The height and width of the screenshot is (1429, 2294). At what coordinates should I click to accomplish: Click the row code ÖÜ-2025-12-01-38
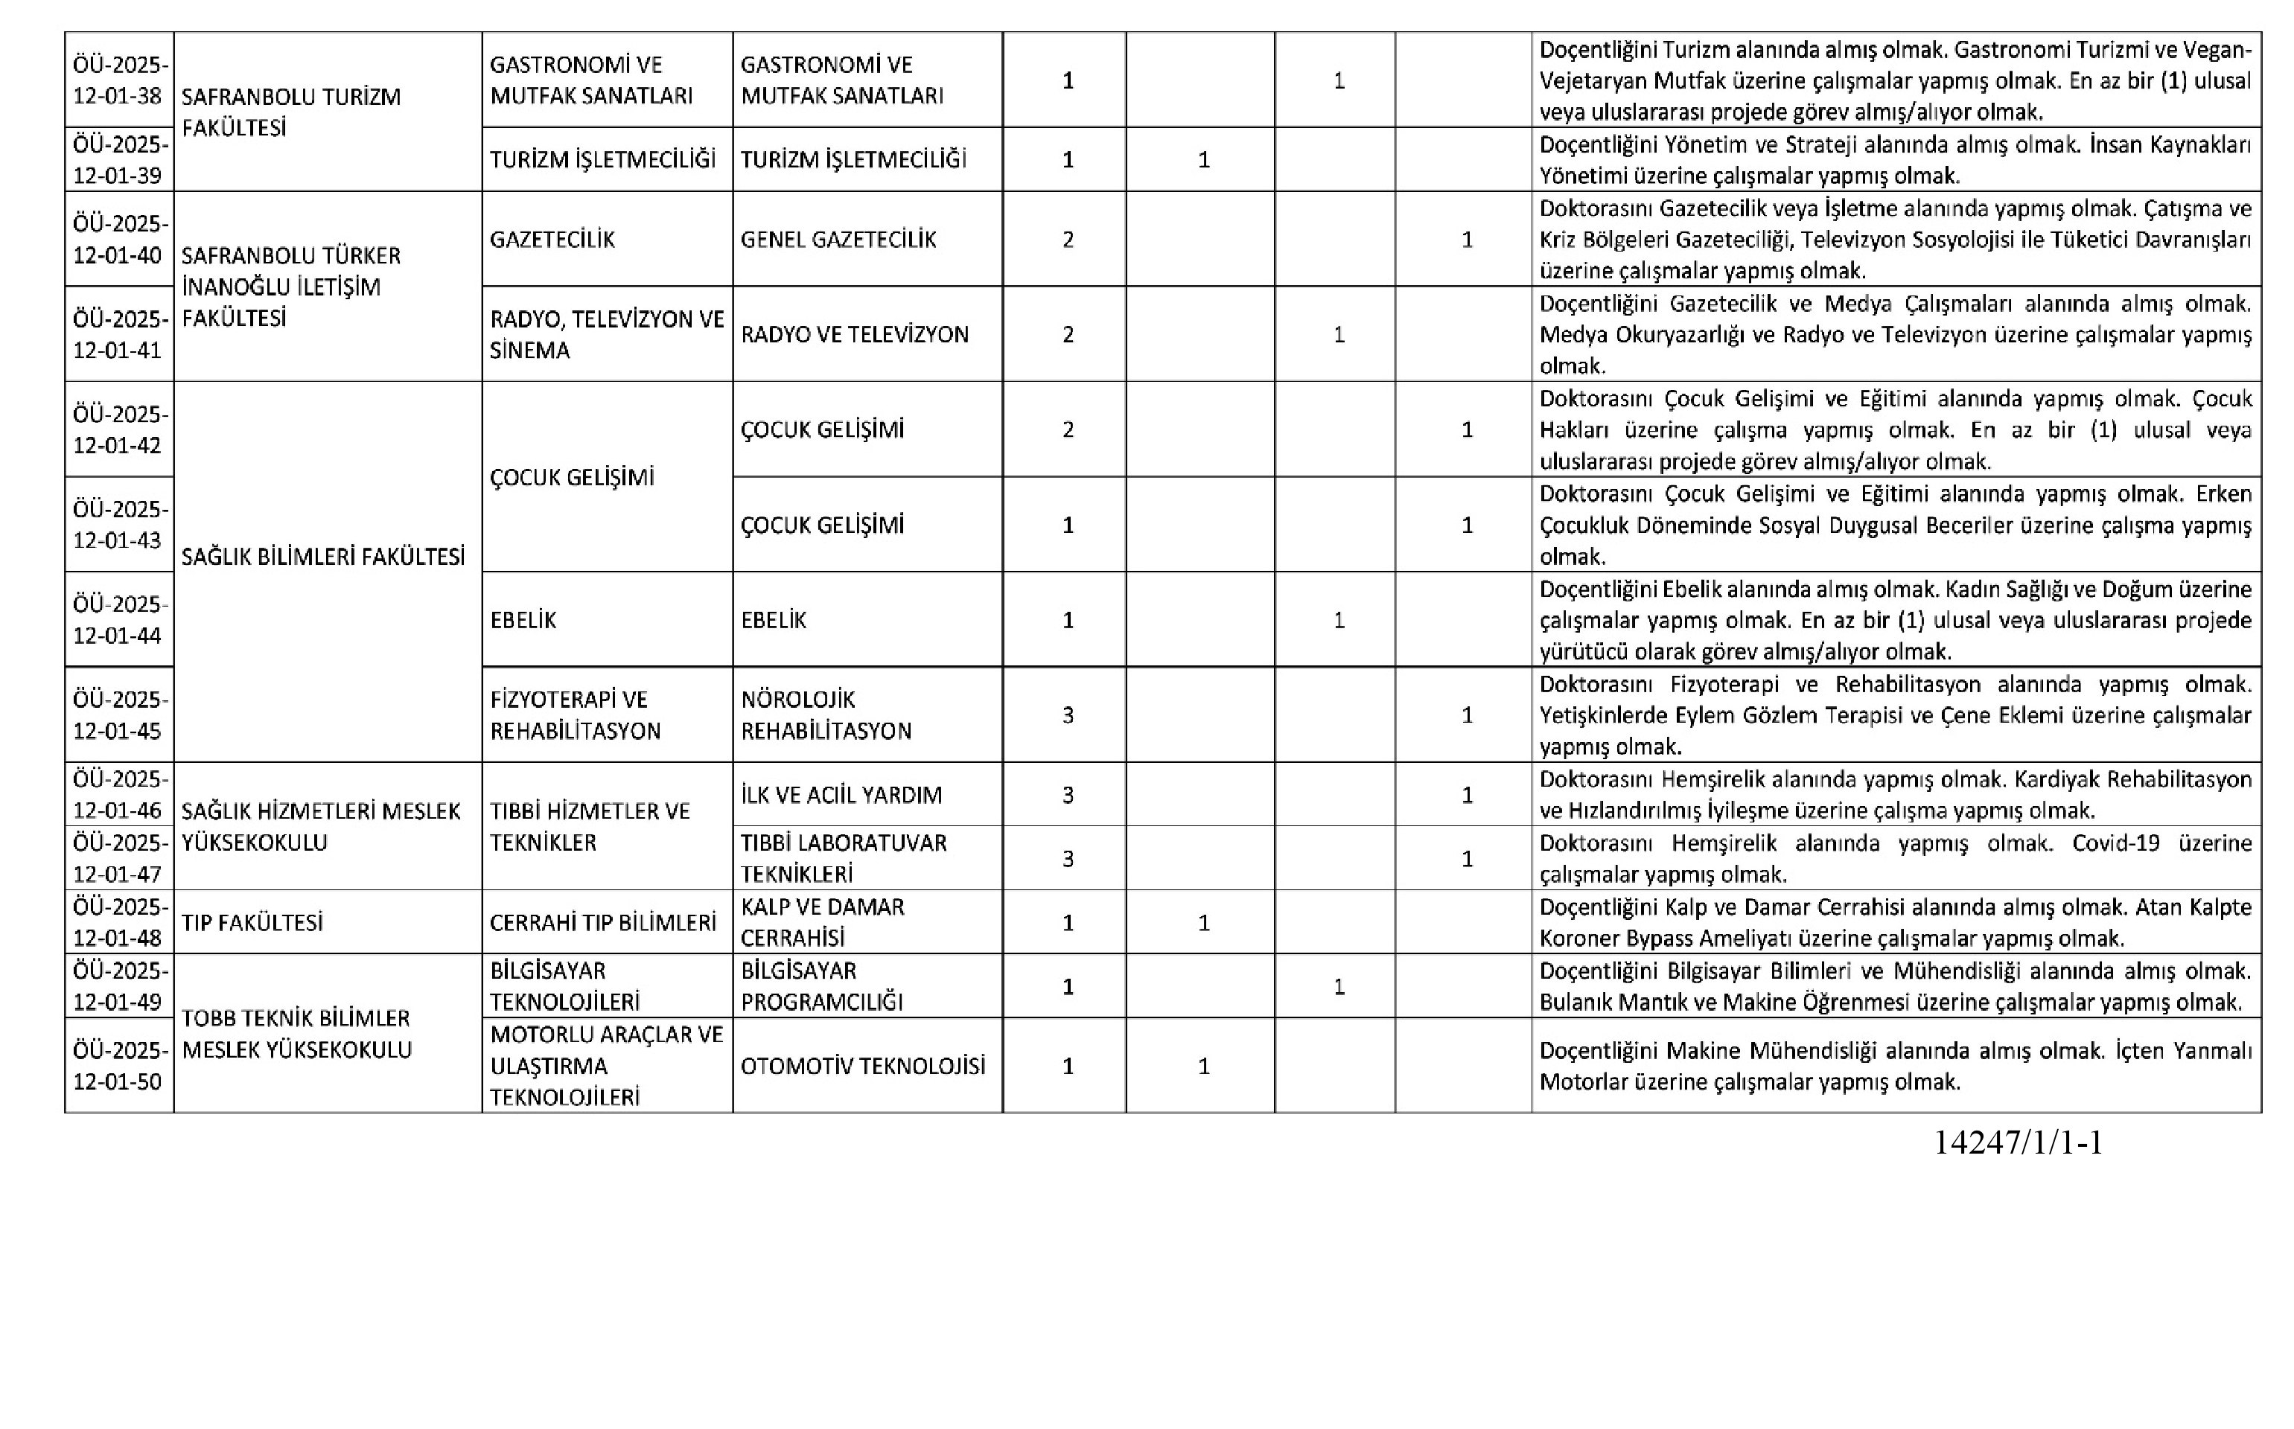[119, 80]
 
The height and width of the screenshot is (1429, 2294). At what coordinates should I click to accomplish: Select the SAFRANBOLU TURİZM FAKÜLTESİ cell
[291, 112]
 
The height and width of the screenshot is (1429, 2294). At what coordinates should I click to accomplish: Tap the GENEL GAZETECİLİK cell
[838, 239]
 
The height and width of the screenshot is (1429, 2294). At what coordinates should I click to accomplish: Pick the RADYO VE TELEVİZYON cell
[855, 335]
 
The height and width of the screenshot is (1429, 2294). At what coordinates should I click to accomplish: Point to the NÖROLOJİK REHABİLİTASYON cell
[825, 715]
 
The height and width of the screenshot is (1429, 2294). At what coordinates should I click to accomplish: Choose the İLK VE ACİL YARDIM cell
[841, 795]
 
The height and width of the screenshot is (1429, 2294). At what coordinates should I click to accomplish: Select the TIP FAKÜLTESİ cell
[252, 922]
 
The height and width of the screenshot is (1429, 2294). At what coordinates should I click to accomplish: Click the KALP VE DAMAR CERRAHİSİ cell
[821, 922]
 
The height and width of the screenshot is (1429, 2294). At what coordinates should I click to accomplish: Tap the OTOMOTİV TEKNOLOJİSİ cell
[862, 1066]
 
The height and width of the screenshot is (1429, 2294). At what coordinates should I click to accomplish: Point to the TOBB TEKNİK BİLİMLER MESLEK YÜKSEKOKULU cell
[296, 1034]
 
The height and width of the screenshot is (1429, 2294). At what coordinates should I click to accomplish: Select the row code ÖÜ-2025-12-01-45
[119, 715]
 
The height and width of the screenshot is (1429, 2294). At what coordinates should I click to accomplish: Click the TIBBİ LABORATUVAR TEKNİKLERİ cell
[843, 858]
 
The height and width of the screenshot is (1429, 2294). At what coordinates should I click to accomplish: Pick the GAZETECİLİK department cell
[552, 239]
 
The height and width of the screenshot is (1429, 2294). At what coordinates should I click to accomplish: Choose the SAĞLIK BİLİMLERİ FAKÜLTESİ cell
[322, 557]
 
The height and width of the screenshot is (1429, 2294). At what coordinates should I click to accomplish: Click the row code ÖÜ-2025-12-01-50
[119, 1066]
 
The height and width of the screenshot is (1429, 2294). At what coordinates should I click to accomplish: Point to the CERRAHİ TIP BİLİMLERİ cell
[602, 922]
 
